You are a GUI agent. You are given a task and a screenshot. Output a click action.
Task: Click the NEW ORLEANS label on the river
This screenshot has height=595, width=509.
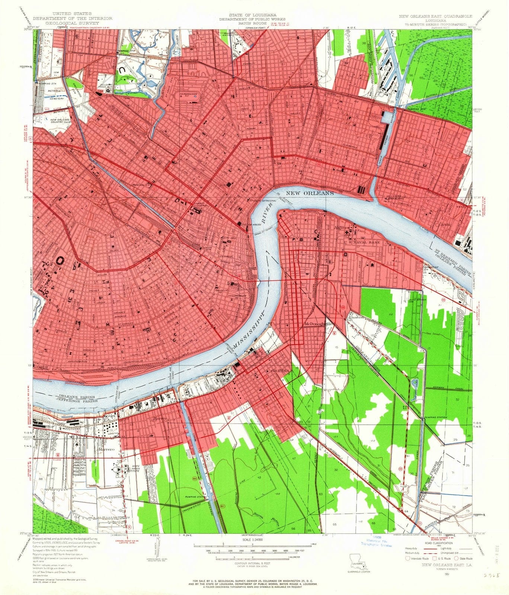310,193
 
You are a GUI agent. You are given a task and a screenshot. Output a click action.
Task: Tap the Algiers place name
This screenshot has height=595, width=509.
342,228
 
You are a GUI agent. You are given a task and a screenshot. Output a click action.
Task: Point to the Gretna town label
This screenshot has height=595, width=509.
277,371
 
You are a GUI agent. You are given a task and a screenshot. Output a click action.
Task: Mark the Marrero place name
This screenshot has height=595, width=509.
105,450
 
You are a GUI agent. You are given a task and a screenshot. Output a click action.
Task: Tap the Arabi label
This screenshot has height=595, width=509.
445,225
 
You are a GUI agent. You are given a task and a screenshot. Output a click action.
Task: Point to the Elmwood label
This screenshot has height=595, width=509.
356,318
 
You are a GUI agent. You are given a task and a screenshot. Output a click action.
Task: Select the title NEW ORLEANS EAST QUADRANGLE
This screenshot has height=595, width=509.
435,16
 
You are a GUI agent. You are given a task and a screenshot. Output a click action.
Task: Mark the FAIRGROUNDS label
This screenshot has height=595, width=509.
191,94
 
